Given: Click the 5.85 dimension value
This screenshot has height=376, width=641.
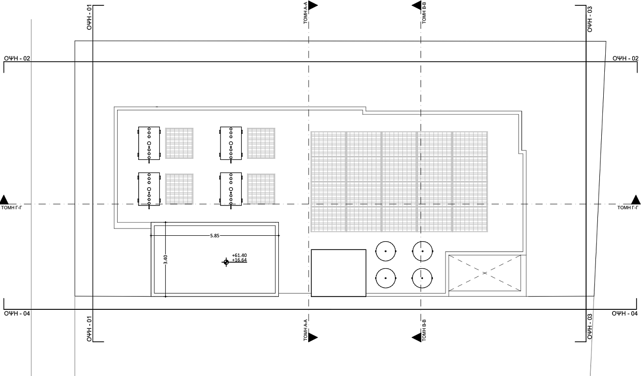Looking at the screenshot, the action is [215, 235].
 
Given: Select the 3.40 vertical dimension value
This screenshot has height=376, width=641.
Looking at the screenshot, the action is [166, 259].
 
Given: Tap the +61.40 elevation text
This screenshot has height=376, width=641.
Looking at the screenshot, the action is [239, 255].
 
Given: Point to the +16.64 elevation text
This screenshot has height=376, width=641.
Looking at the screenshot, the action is [239, 260].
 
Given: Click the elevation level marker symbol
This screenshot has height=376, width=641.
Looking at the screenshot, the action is [226, 262].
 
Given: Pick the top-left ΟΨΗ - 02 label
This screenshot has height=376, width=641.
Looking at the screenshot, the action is [17, 58].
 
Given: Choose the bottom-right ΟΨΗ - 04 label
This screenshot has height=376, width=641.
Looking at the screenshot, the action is [625, 313].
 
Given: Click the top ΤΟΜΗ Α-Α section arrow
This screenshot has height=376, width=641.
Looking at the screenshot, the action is [313, 5].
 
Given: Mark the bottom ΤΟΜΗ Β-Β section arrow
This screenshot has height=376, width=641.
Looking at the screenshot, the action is [417, 338].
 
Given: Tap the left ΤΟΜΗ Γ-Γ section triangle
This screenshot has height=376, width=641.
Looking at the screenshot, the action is [4, 200].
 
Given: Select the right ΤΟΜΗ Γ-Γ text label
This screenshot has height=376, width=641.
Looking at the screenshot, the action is [628, 208].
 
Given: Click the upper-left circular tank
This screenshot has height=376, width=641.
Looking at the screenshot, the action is [386, 251].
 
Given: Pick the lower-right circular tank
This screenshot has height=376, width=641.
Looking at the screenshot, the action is [422, 278].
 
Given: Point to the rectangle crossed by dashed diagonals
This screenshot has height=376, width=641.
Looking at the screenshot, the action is [485, 273].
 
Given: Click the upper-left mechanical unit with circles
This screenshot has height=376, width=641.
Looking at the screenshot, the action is [149, 143].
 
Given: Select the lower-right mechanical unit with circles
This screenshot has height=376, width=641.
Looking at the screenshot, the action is [231, 189].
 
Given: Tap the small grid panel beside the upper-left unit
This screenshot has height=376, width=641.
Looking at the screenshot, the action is [179, 143].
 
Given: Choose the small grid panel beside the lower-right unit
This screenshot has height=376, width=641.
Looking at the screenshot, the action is [261, 189].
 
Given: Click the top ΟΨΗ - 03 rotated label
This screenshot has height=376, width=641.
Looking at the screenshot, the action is [590, 19].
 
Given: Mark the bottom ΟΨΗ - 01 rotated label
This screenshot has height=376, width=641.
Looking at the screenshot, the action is [89, 329].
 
